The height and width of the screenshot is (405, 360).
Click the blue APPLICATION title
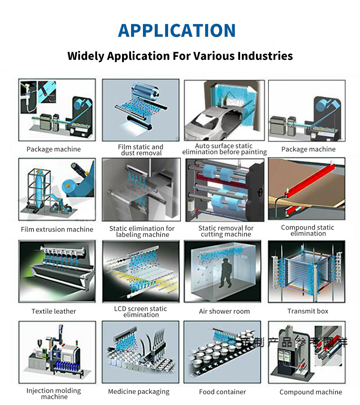coord(177,31)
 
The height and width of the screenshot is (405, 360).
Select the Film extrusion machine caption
coord(57,229)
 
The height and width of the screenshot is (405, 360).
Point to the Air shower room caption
coord(224,311)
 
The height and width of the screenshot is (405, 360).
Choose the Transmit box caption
coord(308,311)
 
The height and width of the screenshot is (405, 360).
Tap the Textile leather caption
coord(54,311)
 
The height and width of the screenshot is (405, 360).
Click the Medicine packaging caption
coord(139,392)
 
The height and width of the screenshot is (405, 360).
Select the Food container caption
coord(222,392)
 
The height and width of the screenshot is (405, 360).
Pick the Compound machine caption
coord(311,392)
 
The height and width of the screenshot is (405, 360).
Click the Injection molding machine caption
coord(54,393)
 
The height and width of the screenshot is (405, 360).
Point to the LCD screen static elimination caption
coord(140,311)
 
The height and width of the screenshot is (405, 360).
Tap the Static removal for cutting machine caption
coord(226,231)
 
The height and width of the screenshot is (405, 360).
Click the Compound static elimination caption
coord(307,230)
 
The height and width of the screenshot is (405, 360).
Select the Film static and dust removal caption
coord(140,150)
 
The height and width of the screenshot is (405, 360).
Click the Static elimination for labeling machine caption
coord(142,232)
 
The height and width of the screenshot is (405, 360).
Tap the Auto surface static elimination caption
coord(224,149)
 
